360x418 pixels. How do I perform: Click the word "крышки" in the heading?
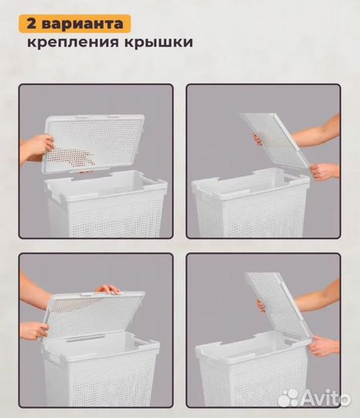tap(154, 43)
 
